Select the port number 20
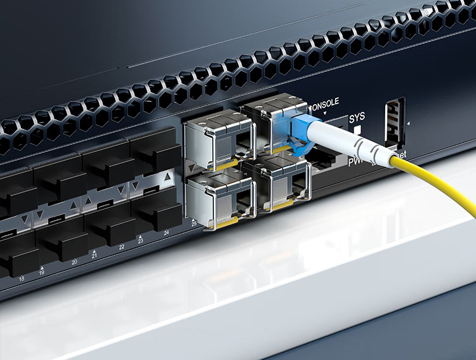click(x=74, y=262)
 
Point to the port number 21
click(x=94, y=255)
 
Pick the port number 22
click(x=121, y=247)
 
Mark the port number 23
click(x=141, y=241)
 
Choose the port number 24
click(x=166, y=233)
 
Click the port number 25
click(x=194, y=225)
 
